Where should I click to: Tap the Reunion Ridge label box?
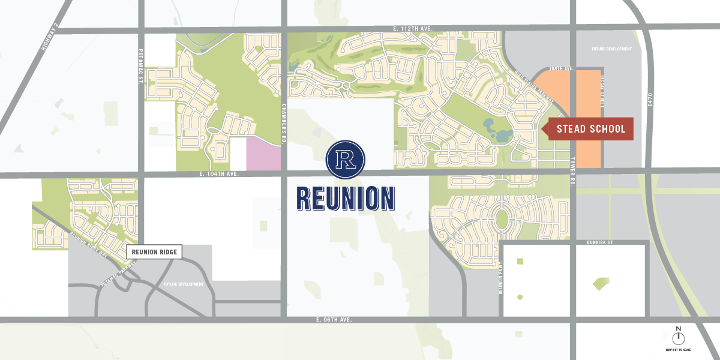(x=154, y=252)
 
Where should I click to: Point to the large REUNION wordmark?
(x=346, y=199)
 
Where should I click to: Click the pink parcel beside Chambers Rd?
(x=265, y=153)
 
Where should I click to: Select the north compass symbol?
(x=679, y=337)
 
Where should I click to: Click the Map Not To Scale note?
(x=679, y=350)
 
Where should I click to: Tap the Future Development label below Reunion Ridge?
(x=184, y=284)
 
